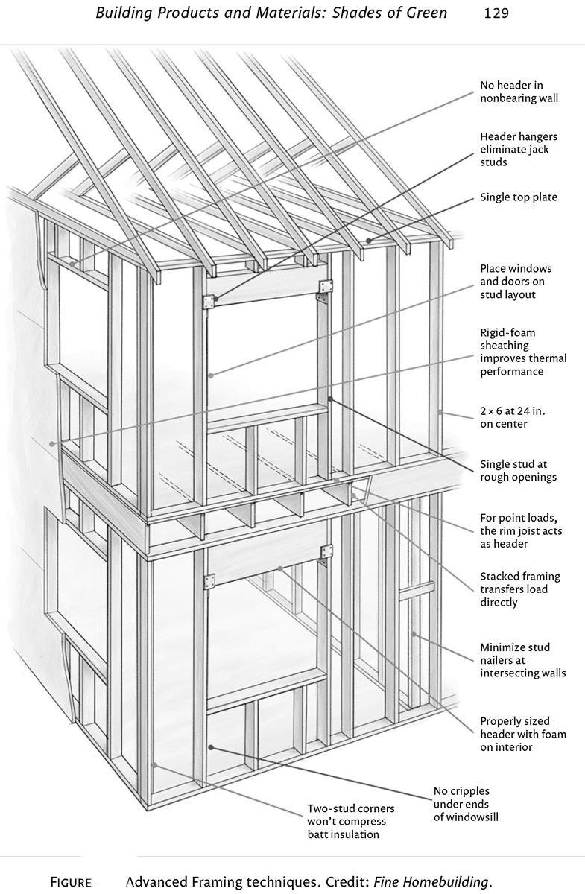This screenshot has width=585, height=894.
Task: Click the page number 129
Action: [x=496, y=13]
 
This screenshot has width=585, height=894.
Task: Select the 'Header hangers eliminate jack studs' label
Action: [x=519, y=149]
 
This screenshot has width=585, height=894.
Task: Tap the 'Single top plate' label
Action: [x=519, y=197]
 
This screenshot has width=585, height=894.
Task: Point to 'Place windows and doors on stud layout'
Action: [x=516, y=281]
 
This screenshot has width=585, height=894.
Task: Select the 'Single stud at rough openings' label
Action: [x=519, y=471]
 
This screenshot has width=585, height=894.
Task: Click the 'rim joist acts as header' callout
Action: [x=521, y=530]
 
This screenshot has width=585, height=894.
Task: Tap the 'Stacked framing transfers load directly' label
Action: [x=520, y=589]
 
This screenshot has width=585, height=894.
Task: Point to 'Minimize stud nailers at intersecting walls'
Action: [x=522, y=660]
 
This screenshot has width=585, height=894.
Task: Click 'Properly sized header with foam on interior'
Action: [x=516, y=734]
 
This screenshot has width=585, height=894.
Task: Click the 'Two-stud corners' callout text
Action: [x=351, y=821]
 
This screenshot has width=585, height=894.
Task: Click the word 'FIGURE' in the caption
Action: [x=71, y=883]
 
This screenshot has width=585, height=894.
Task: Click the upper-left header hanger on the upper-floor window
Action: [x=208, y=301]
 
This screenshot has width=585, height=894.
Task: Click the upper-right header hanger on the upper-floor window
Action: [x=325, y=287]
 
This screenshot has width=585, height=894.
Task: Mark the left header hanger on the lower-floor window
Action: [x=208, y=581]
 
